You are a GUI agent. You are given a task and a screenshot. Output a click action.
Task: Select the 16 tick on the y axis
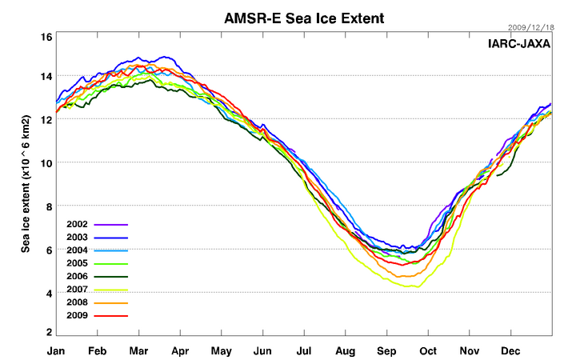coord(46,37)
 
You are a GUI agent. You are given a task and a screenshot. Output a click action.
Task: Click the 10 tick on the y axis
coord(46,163)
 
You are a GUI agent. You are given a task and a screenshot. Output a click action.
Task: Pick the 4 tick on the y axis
coord(48,294)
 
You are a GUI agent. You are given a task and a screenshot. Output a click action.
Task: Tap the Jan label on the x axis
coord(56,351)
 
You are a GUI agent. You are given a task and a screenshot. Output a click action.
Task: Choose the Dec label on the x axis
coord(511,351)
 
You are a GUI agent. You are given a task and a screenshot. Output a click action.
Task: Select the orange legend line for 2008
coord(112,303)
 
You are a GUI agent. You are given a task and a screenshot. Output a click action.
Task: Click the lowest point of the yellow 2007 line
coord(413,286)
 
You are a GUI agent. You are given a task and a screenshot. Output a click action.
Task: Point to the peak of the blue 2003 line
coord(166,57)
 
